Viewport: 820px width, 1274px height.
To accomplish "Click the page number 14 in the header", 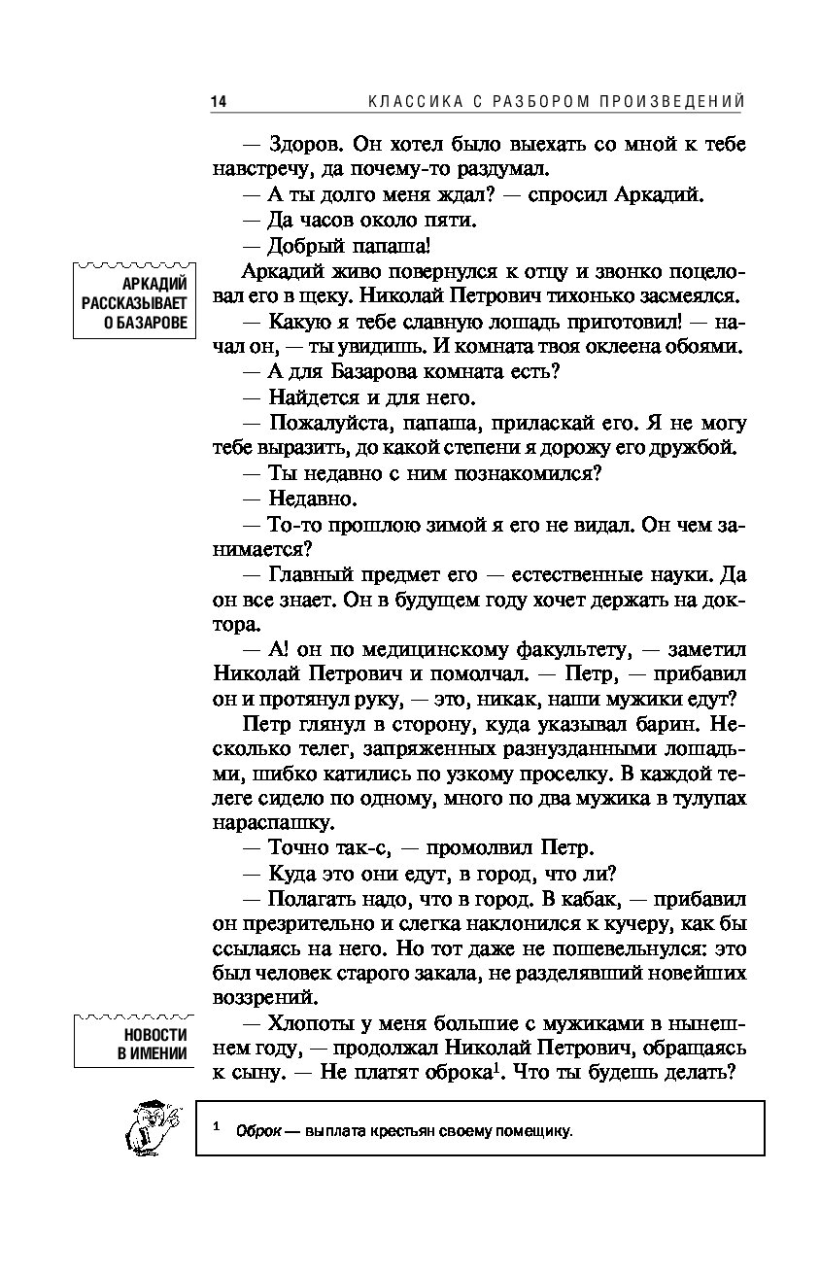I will [218, 101].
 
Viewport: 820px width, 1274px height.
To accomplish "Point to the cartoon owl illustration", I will [149, 1127].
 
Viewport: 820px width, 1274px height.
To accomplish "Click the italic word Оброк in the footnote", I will [257, 1130].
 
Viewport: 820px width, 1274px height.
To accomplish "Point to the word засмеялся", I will [688, 295].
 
